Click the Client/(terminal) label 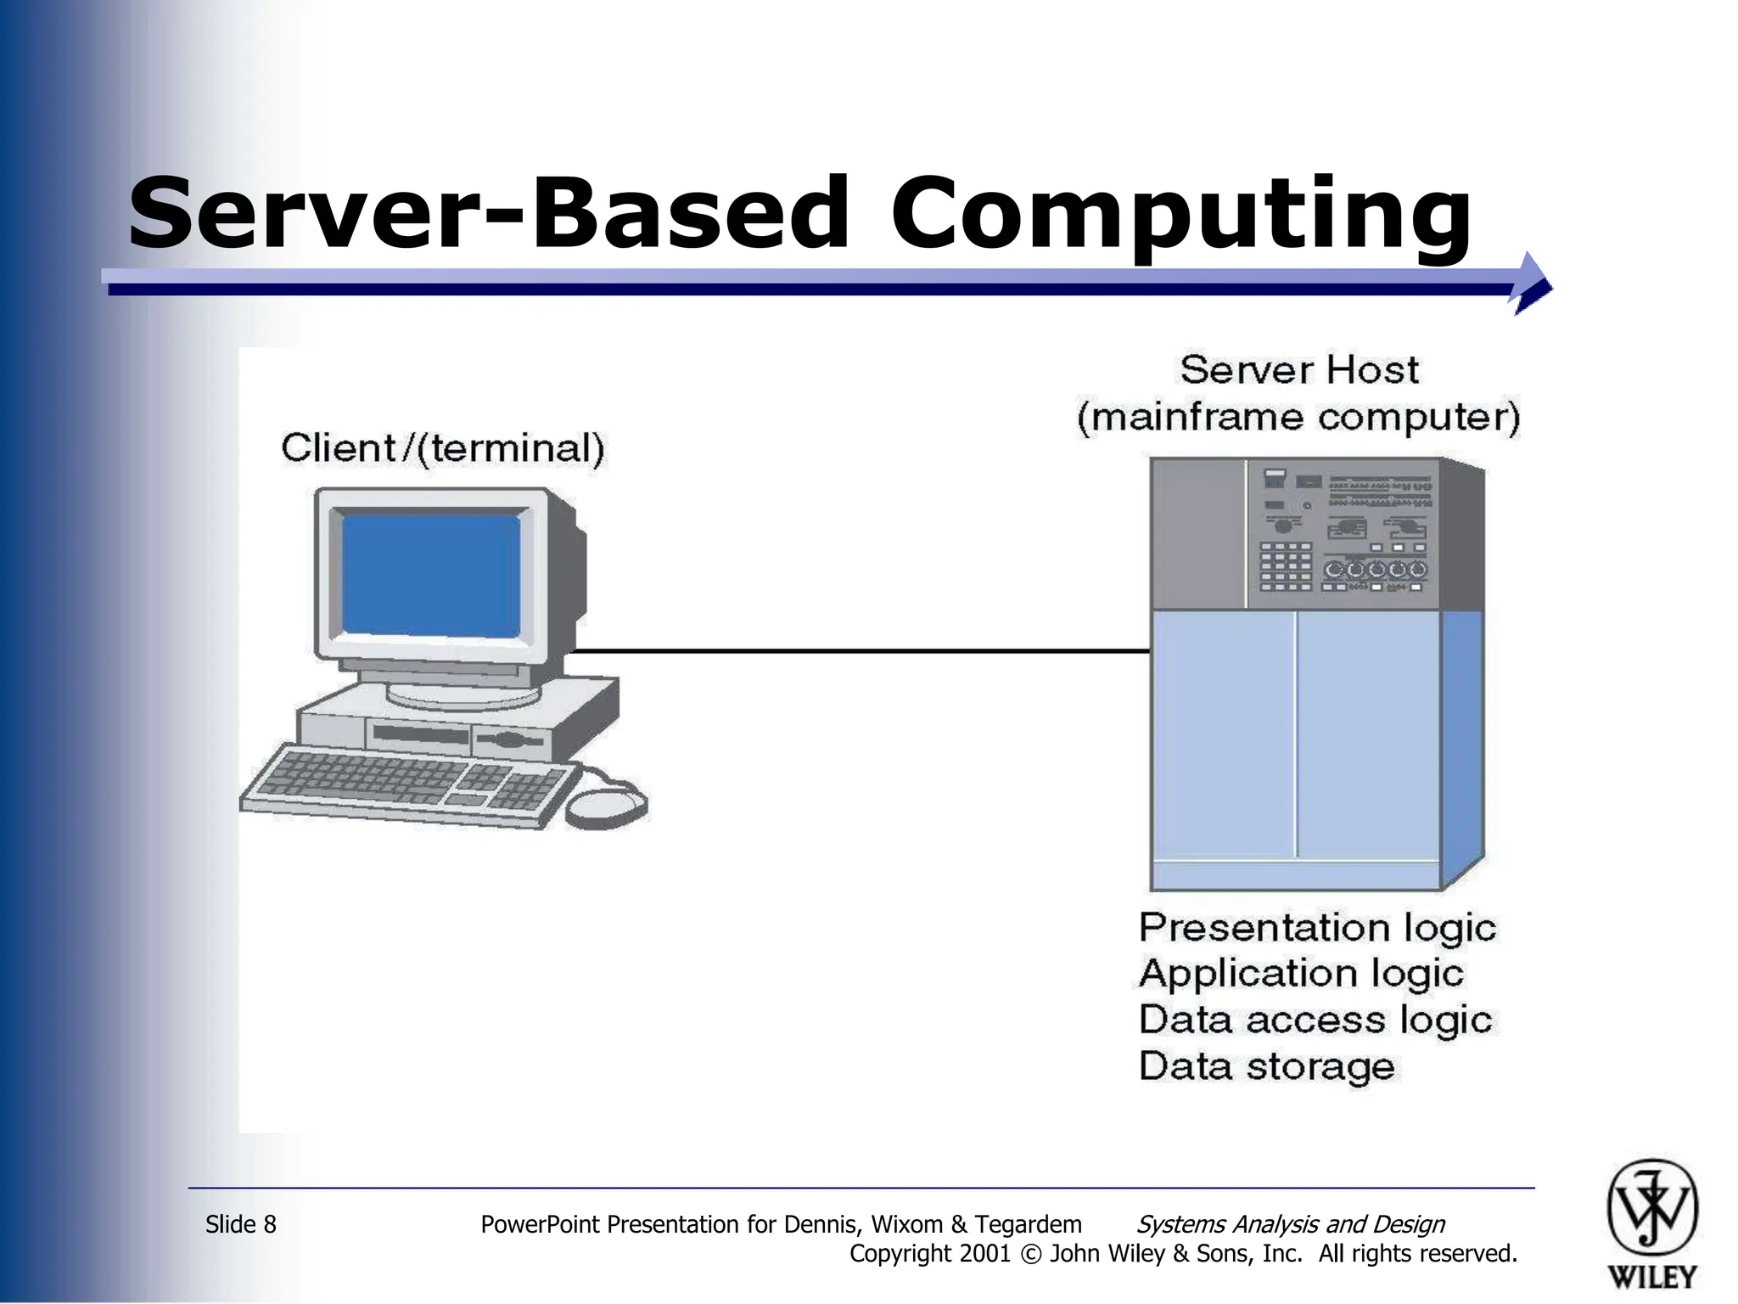point(443,448)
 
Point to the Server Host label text point(1298,370)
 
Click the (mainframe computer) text point(1298,418)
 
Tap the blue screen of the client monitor point(431,576)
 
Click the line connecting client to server point(857,651)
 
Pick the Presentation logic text point(1317,927)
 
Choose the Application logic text point(1301,973)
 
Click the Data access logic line point(1315,1020)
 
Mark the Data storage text point(1266,1066)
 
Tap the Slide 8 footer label point(241,1224)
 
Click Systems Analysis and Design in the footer point(1290,1224)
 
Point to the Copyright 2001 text point(929,1254)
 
